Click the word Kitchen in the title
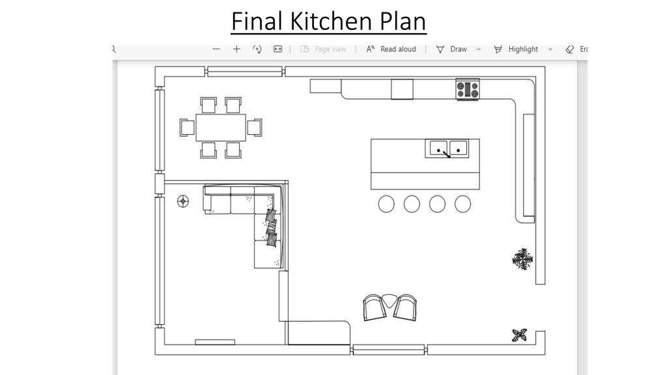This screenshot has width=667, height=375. point(331,21)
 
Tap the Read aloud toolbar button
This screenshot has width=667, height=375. point(391,49)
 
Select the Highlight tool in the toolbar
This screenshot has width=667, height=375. point(517,49)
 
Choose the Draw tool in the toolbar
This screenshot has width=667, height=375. point(452,49)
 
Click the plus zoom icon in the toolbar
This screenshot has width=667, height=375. point(236,49)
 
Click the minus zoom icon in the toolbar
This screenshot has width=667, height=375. point(216,49)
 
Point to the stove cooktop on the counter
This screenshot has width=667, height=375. point(468,89)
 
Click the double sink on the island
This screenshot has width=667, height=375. point(447,149)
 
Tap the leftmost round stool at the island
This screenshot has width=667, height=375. point(386,204)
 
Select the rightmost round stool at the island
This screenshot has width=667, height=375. point(463,204)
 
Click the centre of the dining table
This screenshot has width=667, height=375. point(221,128)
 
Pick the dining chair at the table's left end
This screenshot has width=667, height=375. point(187,128)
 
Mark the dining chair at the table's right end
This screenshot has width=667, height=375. point(255,128)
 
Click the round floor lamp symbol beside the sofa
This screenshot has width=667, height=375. point(183,201)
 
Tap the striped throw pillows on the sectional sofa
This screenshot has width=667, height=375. point(272,228)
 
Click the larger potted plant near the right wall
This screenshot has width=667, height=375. point(522,259)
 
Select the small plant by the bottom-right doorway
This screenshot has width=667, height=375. point(519,335)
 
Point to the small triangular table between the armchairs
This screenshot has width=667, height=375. point(390,300)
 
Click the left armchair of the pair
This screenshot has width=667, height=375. point(375,308)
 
